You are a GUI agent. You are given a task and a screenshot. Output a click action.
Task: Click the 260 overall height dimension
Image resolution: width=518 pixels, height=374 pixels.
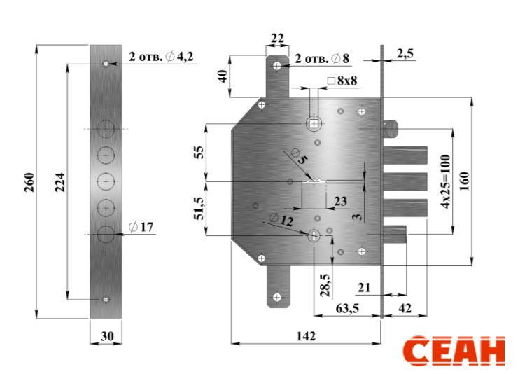click(29, 182)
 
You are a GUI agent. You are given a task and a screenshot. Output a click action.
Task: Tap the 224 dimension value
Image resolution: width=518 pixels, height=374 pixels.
click(60, 182)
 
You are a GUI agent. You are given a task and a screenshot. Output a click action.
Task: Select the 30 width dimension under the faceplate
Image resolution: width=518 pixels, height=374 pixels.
click(107, 336)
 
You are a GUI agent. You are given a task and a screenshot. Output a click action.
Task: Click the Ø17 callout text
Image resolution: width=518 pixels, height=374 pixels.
click(141, 227)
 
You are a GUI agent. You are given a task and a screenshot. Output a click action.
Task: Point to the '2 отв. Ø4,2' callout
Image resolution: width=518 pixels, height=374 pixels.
click(161, 57)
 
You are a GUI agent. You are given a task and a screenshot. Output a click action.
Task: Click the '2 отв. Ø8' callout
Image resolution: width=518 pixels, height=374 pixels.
click(322, 59)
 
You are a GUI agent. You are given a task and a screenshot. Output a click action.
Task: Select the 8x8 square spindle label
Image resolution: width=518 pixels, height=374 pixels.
click(342, 81)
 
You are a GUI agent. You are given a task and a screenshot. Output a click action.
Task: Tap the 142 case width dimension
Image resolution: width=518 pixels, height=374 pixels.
click(306, 336)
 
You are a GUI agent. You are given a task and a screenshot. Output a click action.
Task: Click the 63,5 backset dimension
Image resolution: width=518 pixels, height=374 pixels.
click(347, 309)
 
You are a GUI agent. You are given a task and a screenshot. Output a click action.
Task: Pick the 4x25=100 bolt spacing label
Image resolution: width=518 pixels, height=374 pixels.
click(446, 181)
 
